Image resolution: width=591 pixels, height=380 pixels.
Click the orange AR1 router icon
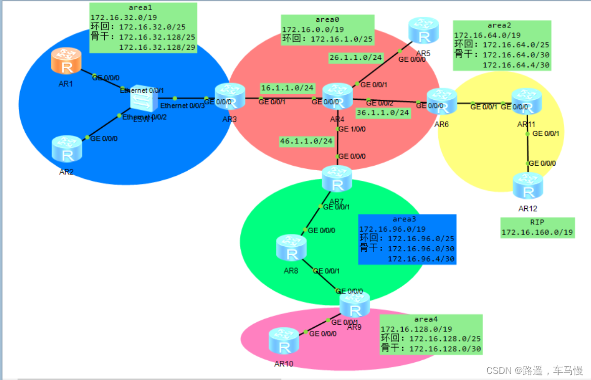tap(66, 61)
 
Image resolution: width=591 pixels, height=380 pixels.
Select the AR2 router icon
tap(66, 148)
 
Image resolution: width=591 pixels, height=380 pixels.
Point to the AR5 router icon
tap(424, 31)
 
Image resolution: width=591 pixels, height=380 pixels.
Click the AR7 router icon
tap(337, 179)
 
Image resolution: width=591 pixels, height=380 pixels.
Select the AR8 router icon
tap(291, 248)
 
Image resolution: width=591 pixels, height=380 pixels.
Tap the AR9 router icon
tap(354, 305)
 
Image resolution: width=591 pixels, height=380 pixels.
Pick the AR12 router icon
tap(528, 186)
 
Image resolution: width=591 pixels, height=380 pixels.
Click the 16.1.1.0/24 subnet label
tap(287, 88)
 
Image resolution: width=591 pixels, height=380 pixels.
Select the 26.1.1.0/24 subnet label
tap(355, 58)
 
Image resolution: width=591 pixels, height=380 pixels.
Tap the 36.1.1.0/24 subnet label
tap(383, 112)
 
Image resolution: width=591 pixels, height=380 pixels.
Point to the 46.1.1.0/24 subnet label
tap(307, 141)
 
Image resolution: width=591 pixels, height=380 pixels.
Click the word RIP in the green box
tap(537, 222)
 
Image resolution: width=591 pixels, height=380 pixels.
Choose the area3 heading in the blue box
tap(404, 219)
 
